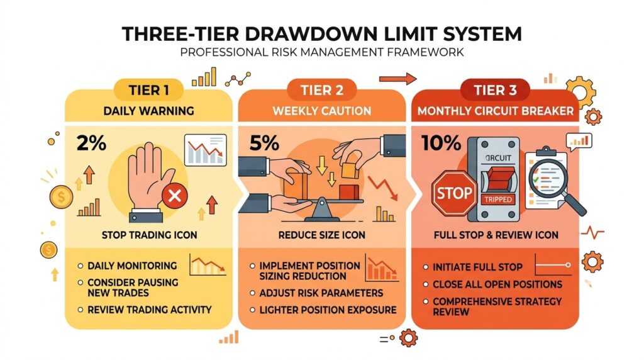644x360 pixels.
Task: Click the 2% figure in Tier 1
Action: tap(91, 143)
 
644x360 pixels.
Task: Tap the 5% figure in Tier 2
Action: tap(264, 143)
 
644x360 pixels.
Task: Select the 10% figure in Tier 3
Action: tap(441, 143)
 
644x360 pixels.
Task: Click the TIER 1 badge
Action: tap(148, 90)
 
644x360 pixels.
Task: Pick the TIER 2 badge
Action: tap(322, 90)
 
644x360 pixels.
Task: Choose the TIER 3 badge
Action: tap(496, 90)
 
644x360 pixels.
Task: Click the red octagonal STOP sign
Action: tap(454, 193)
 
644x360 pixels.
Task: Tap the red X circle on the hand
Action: tap(175, 196)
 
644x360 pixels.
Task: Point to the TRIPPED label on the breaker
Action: tap(498, 200)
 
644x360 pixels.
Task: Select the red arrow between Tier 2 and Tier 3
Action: tap(397, 79)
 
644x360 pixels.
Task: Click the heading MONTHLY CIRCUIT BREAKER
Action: tap(496, 111)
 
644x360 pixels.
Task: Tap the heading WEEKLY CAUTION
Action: tap(322, 111)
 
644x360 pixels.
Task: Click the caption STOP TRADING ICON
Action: tap(150, 235)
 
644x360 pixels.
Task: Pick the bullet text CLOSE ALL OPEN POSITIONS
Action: tap(497, 284)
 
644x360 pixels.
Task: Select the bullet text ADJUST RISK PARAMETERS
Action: tap(321, 293)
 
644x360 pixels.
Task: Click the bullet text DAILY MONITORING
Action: tap(132, 266)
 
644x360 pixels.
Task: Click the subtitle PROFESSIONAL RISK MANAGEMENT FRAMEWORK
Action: tap(322, 53)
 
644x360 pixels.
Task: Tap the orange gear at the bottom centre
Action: tap(408, 338)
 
